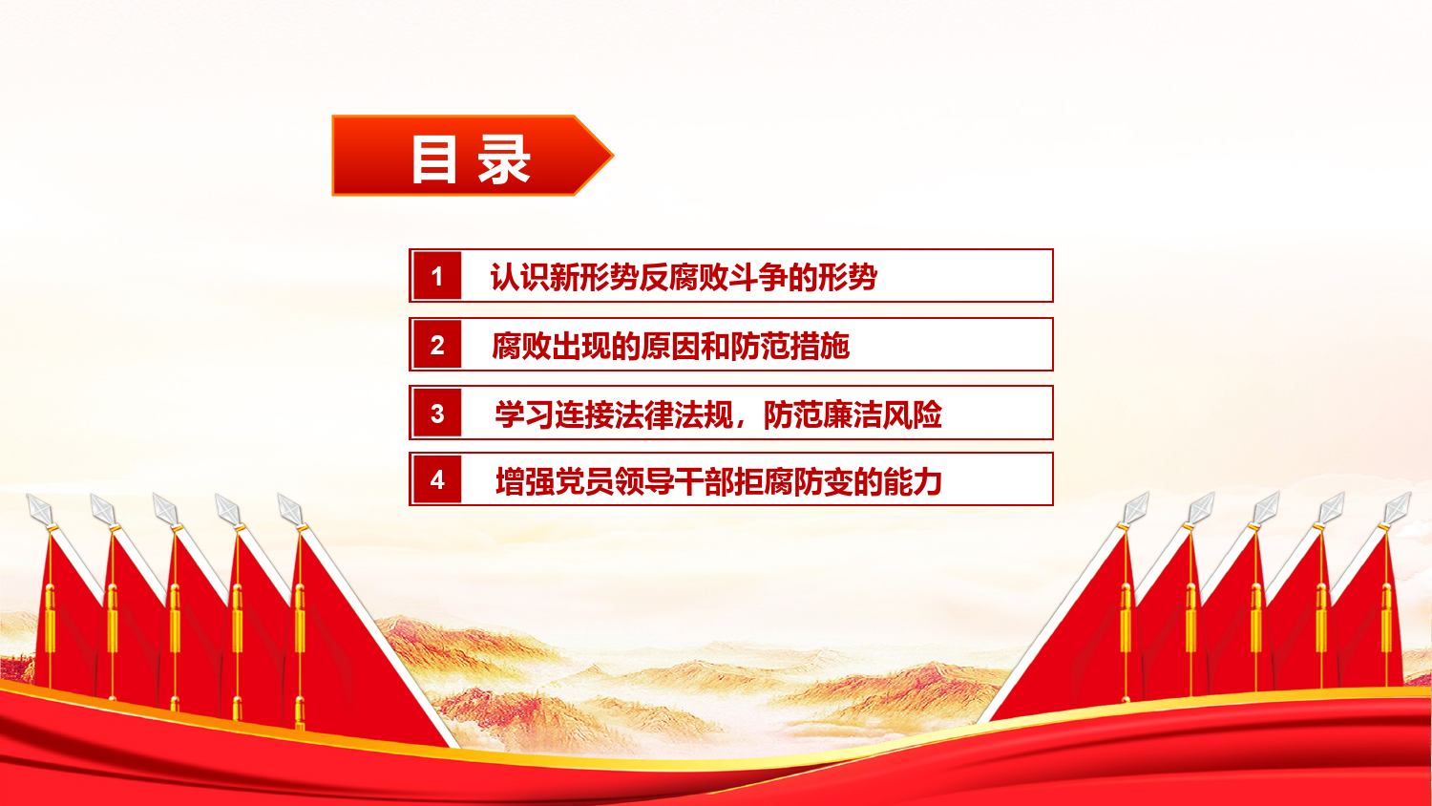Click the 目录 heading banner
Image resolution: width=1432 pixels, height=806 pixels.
point(472,156)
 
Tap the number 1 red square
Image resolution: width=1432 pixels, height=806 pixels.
point(437,276)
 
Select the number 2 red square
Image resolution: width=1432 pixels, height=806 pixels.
point(437,345)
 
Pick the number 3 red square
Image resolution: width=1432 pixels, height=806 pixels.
point(437,413)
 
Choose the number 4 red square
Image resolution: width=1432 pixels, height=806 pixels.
point(437,479)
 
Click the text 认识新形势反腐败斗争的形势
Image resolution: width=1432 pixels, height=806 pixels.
point(684,277)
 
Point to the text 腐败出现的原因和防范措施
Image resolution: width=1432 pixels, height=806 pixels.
point(670,346)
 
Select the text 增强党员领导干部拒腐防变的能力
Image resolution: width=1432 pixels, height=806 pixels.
point(719,481)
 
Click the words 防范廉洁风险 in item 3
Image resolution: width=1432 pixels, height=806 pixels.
point(853,414)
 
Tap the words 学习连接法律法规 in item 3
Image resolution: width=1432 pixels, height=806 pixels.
point(614,414)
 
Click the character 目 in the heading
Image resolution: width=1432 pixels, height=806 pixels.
point(434,159)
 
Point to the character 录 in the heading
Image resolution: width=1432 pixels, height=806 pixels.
point(504,159)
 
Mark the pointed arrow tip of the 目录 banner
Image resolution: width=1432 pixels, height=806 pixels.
point(613,155)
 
